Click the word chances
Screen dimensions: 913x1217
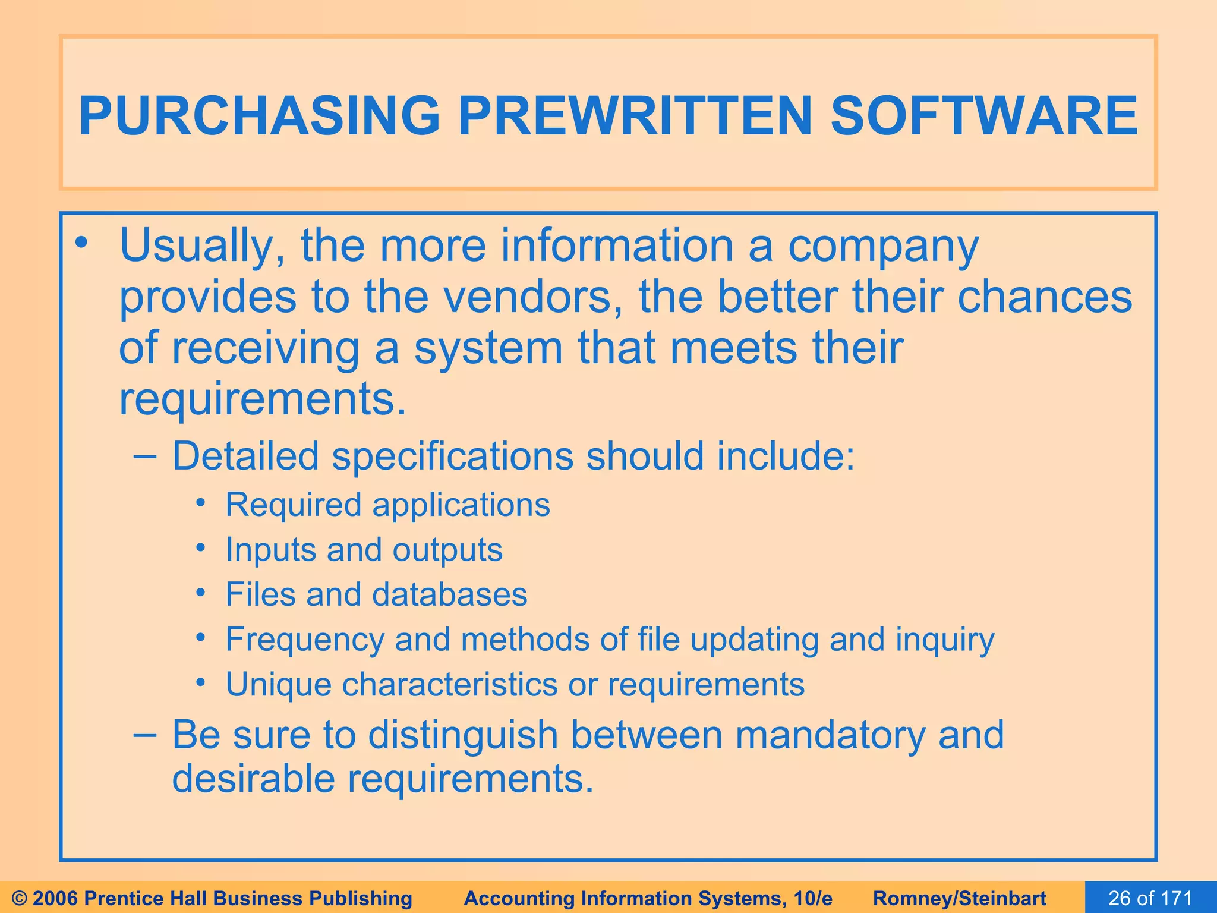1045,297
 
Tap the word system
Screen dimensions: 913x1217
488,348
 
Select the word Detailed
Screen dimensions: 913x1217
245,456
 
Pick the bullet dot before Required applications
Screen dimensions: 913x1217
201,503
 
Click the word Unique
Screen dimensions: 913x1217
278,684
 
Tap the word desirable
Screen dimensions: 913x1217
253,779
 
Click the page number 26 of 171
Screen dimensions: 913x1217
1150,898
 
